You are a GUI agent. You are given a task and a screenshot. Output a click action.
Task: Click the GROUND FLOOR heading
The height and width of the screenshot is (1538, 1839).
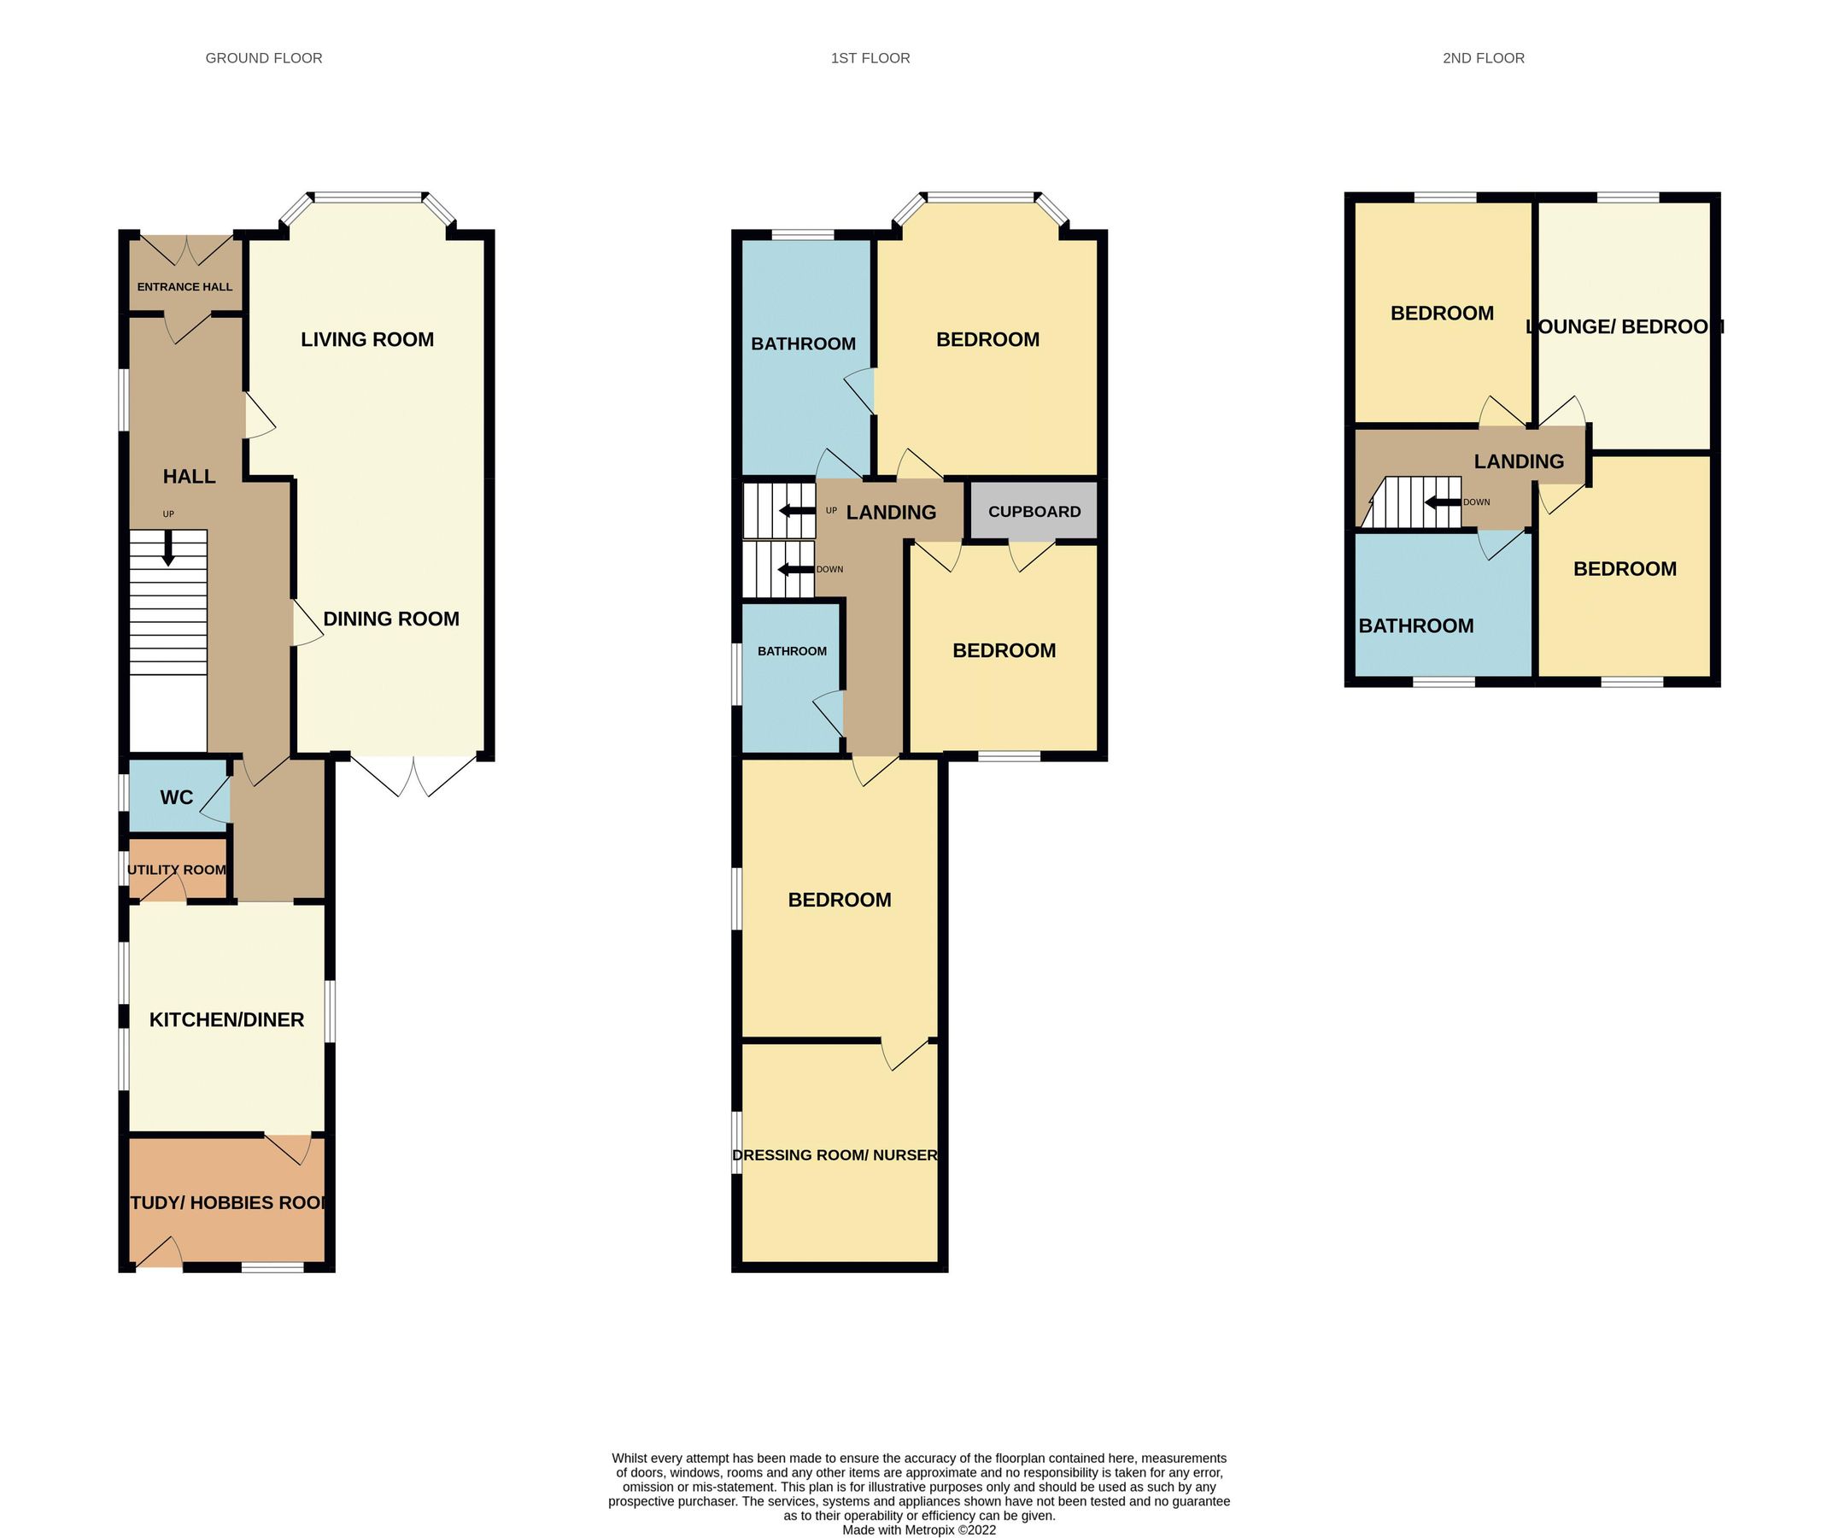(264, 59)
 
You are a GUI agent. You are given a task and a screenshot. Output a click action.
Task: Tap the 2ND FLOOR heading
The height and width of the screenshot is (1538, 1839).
(1483, 59)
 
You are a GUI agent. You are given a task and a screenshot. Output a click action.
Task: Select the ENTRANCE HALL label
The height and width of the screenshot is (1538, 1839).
(184, 287)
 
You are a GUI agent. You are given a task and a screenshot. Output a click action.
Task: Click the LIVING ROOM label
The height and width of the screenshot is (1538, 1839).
(367, 340)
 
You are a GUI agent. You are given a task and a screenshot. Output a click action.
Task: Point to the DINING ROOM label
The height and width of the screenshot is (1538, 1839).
(390, 619)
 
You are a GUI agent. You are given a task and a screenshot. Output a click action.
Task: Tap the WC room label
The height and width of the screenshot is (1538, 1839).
(176, 798)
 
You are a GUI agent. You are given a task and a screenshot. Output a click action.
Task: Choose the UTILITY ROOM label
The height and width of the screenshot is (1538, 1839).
(177, 870)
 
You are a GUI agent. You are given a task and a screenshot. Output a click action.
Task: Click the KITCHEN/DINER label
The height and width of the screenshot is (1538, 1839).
(227, 1019)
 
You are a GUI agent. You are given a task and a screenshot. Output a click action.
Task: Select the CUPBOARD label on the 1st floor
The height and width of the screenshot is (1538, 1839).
(1034, 512)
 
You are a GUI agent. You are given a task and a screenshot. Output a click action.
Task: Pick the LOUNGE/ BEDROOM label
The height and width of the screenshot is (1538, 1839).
(1625, 326)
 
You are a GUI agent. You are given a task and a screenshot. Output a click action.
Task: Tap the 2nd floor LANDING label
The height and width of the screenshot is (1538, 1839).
(1519, 461)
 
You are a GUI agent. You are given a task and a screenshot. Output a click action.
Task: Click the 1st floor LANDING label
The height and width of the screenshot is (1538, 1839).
(891, 513)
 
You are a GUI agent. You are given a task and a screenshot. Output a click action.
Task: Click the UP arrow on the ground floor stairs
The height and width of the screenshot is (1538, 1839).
(168, 551)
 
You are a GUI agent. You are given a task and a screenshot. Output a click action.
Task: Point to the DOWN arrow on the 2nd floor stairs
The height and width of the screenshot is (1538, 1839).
(1443, 502)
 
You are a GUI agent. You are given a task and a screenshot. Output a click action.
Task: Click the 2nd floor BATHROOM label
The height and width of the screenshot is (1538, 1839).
(1415, 626)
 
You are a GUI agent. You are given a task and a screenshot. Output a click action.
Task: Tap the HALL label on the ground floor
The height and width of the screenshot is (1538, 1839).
(189, 477)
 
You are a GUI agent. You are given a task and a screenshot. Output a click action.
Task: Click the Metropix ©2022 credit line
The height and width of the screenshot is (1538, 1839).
(918, 1530)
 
